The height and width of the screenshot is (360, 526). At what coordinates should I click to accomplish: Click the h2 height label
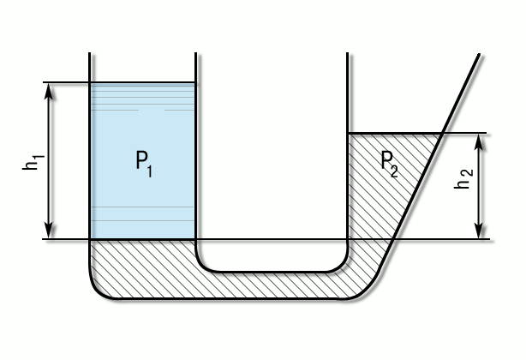coord(464,183)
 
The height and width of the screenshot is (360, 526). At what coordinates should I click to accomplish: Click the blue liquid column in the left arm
coord(143,197)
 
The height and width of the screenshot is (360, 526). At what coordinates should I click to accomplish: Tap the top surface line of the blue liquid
coord(143,83)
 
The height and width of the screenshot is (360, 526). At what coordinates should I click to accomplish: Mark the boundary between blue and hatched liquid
coord(143,239)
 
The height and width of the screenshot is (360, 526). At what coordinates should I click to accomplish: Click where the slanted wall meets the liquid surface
coord(439,134)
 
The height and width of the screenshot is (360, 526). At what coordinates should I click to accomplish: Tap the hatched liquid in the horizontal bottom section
coord(274,285)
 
